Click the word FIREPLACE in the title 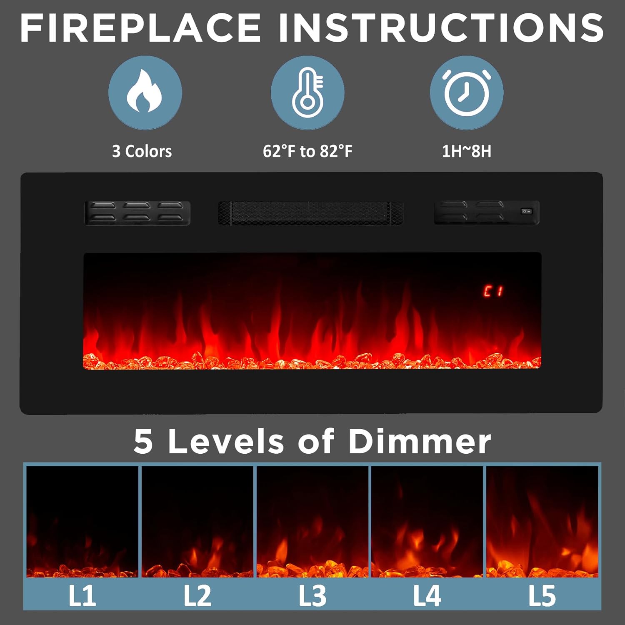[140, 28]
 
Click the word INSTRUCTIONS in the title [441, 28]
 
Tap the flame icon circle [145, 92]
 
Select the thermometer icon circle [307, 92]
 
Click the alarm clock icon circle [467, 92]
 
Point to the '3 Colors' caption [142, 151]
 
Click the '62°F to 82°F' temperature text [307, 151]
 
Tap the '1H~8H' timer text [467, 151]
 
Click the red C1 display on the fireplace [493, 291]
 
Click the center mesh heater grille [310, 213]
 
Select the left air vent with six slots [137, 213]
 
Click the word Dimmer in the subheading [419, 441]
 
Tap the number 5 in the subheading [143, 442]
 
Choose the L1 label [82, 596]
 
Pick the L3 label [312, 596]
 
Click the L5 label [542, 596]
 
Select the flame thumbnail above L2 [197, 522]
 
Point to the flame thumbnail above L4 [427, 522]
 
